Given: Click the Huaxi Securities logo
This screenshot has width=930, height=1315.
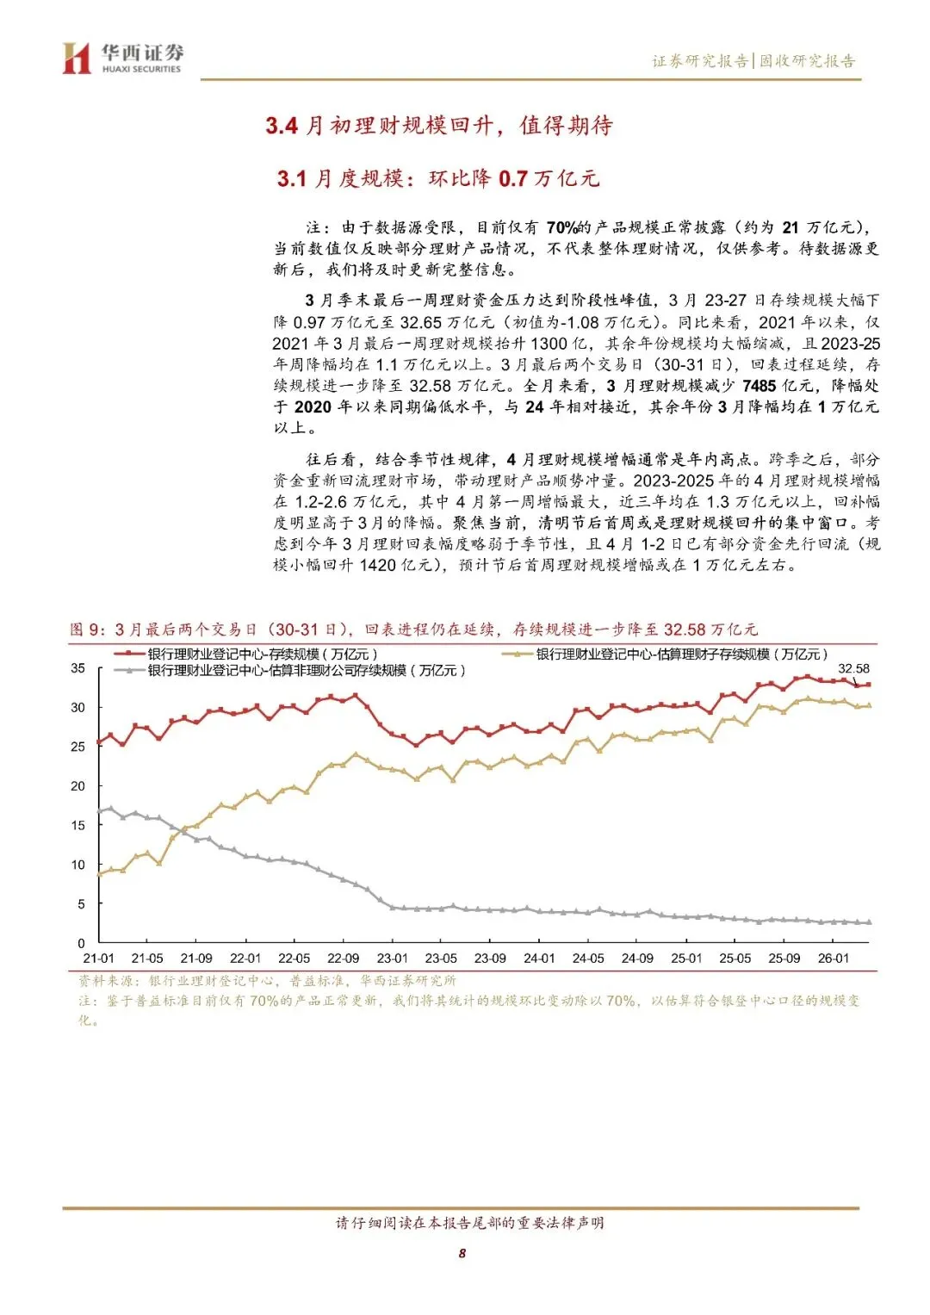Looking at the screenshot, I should pyautogui.click(x=121, y=59).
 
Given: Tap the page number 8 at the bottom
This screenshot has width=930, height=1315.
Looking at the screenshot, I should pyautogui.click(x=462, y=1253).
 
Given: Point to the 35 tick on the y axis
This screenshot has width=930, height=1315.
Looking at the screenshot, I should pyautogui.click(x=78, y=668).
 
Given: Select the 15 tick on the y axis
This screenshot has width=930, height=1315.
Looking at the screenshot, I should pyautogui.click(x=78, y=825).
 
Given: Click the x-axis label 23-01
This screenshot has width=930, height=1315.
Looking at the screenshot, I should pyautogui.click(x=392, y=958).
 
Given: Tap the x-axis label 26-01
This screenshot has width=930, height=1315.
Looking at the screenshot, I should pyautogui.click(x=833, y=958).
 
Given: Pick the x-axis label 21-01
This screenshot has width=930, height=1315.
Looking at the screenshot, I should pyautogui.click(x=98, y=958).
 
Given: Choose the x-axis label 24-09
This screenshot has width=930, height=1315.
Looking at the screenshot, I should pyautogui.click(x=637, y=958).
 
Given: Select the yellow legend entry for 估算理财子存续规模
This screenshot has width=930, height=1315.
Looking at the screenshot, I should pyautogui.click(x=680, y=654).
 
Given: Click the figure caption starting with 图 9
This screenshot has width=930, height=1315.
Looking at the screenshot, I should pyautogui.click(x=413, y=630).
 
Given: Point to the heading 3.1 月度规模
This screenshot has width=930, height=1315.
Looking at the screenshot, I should pyautogui.click(x=341, y=178).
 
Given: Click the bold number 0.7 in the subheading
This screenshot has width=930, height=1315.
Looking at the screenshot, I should pyautogui.click(x=512, y=178).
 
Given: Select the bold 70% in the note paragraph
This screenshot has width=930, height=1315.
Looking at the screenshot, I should pyautogui.click(x=561, y=227).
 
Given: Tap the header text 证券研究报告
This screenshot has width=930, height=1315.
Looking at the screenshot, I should pyautogui.click(x=699, y=61).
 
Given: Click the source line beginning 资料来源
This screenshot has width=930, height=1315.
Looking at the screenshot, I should pyautogui.click(x=267, y=981).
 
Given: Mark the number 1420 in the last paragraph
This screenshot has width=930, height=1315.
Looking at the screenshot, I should pyautogui.click(x=377, y=565).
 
